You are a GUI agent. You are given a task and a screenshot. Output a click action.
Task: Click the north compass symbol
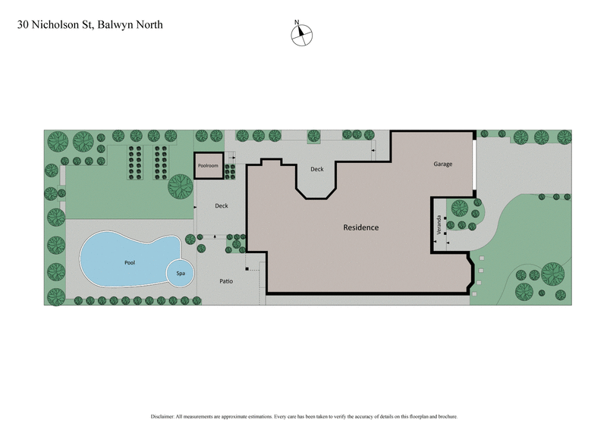click(x=301, y=34)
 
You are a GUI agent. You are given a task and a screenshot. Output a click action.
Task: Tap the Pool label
click(x=130, y=261)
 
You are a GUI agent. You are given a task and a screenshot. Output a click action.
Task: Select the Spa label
click(x=181, y=273)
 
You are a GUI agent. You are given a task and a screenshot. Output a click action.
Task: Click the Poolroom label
click(x=209, y=164)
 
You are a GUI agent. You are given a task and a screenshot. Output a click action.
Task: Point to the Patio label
click(x=226, y=281)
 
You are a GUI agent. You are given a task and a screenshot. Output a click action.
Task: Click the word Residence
click(x=360, y=227)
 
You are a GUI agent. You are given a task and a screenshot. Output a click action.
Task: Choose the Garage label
click(x=443, y=164)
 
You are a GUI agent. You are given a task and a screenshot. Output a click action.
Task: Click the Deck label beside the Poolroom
click(x=222, y=205)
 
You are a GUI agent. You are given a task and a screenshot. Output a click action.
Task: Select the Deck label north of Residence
click(x=317, y=170)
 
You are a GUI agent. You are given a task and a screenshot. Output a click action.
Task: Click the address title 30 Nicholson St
click(x=54, y=24)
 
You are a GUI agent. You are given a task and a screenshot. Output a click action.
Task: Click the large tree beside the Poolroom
click(x=181, y=185)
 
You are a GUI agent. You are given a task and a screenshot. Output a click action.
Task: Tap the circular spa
click(x=181, y=273)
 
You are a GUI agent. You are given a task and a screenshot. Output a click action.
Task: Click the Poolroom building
click(x=209, y=165)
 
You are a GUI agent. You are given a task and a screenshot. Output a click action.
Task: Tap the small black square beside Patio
click(x=247, y=269)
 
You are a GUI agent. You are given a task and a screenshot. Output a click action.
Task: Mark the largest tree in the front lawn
click(x=552, y=272)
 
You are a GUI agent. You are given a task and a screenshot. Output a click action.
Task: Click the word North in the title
click(x=148, y=24)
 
